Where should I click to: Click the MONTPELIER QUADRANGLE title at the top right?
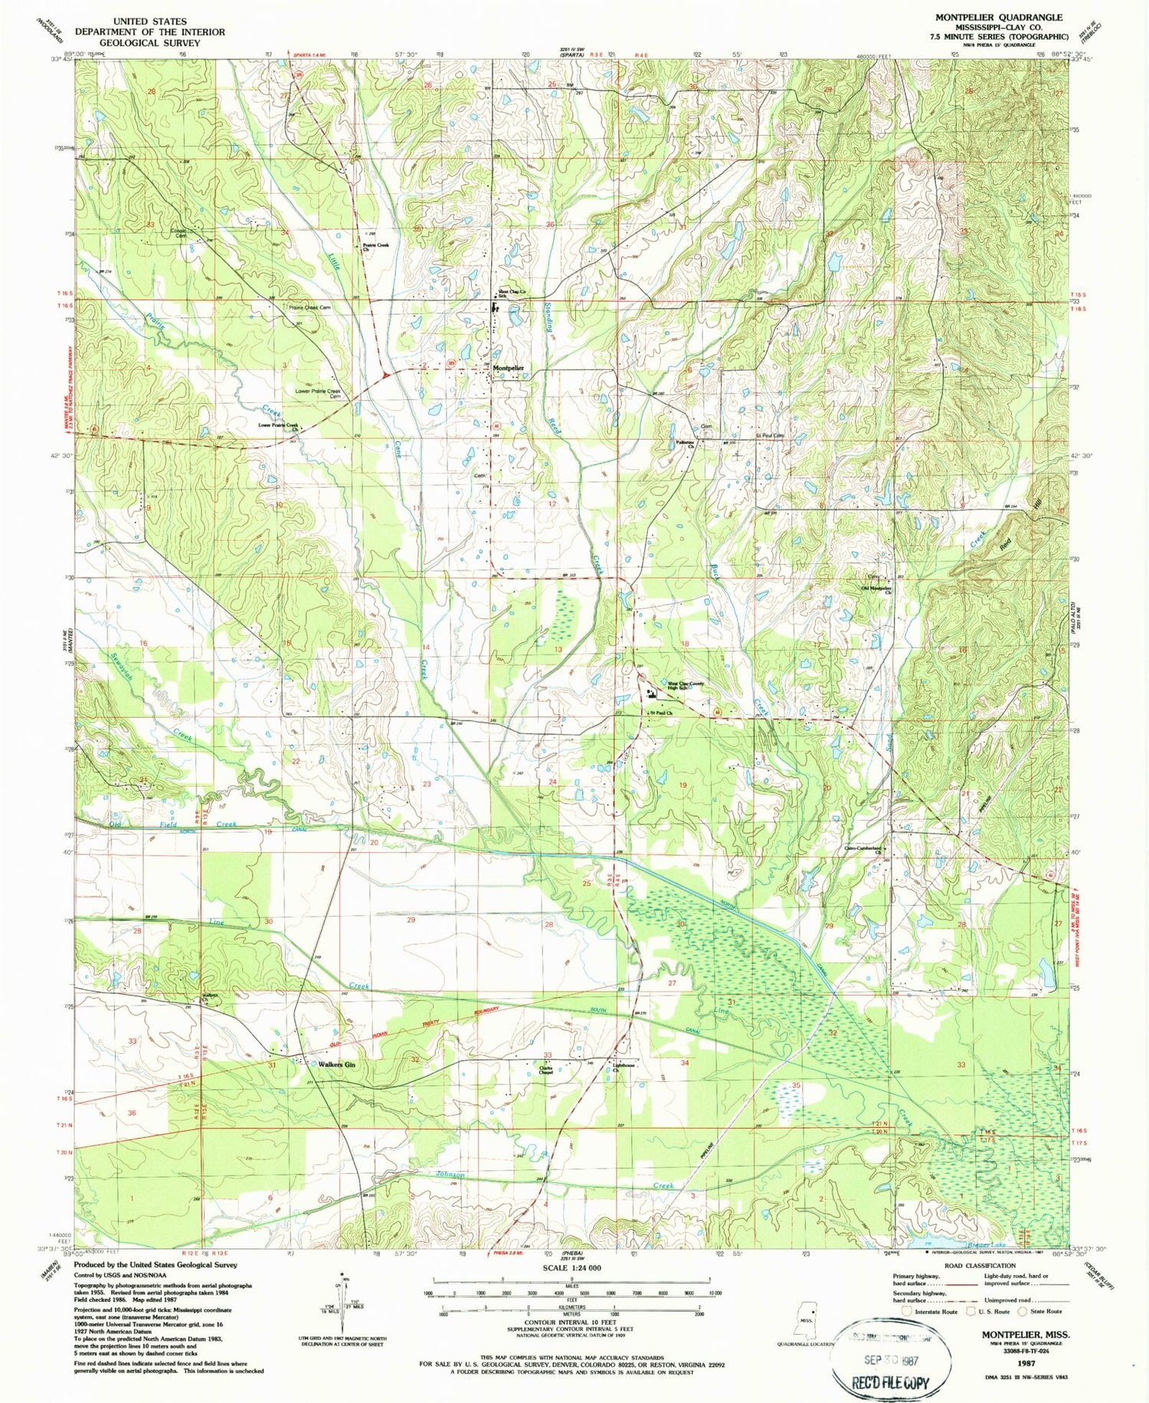coord(998,17)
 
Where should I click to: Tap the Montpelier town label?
coord(509,369)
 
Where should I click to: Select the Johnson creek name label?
coord(450,1175)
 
